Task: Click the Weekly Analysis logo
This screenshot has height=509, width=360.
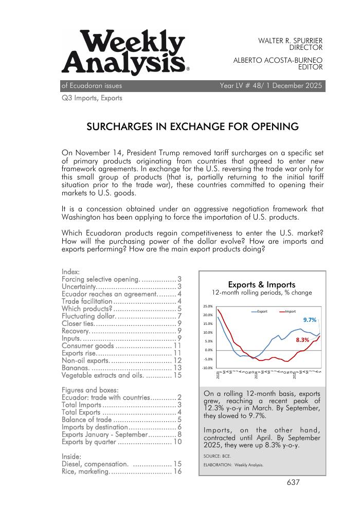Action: tap(123, 53)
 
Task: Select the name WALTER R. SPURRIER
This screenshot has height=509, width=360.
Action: tap(290, 40)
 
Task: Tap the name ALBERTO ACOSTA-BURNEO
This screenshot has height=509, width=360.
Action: tap(278, 60)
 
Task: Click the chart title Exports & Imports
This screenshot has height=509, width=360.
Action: tap(261, 284)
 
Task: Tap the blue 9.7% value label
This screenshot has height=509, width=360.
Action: tap(310, 320)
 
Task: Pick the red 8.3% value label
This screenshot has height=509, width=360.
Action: tap(302, 340)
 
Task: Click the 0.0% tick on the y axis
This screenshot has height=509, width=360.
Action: tap(208, 350)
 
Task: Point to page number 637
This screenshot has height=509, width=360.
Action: tap(293, 482)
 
